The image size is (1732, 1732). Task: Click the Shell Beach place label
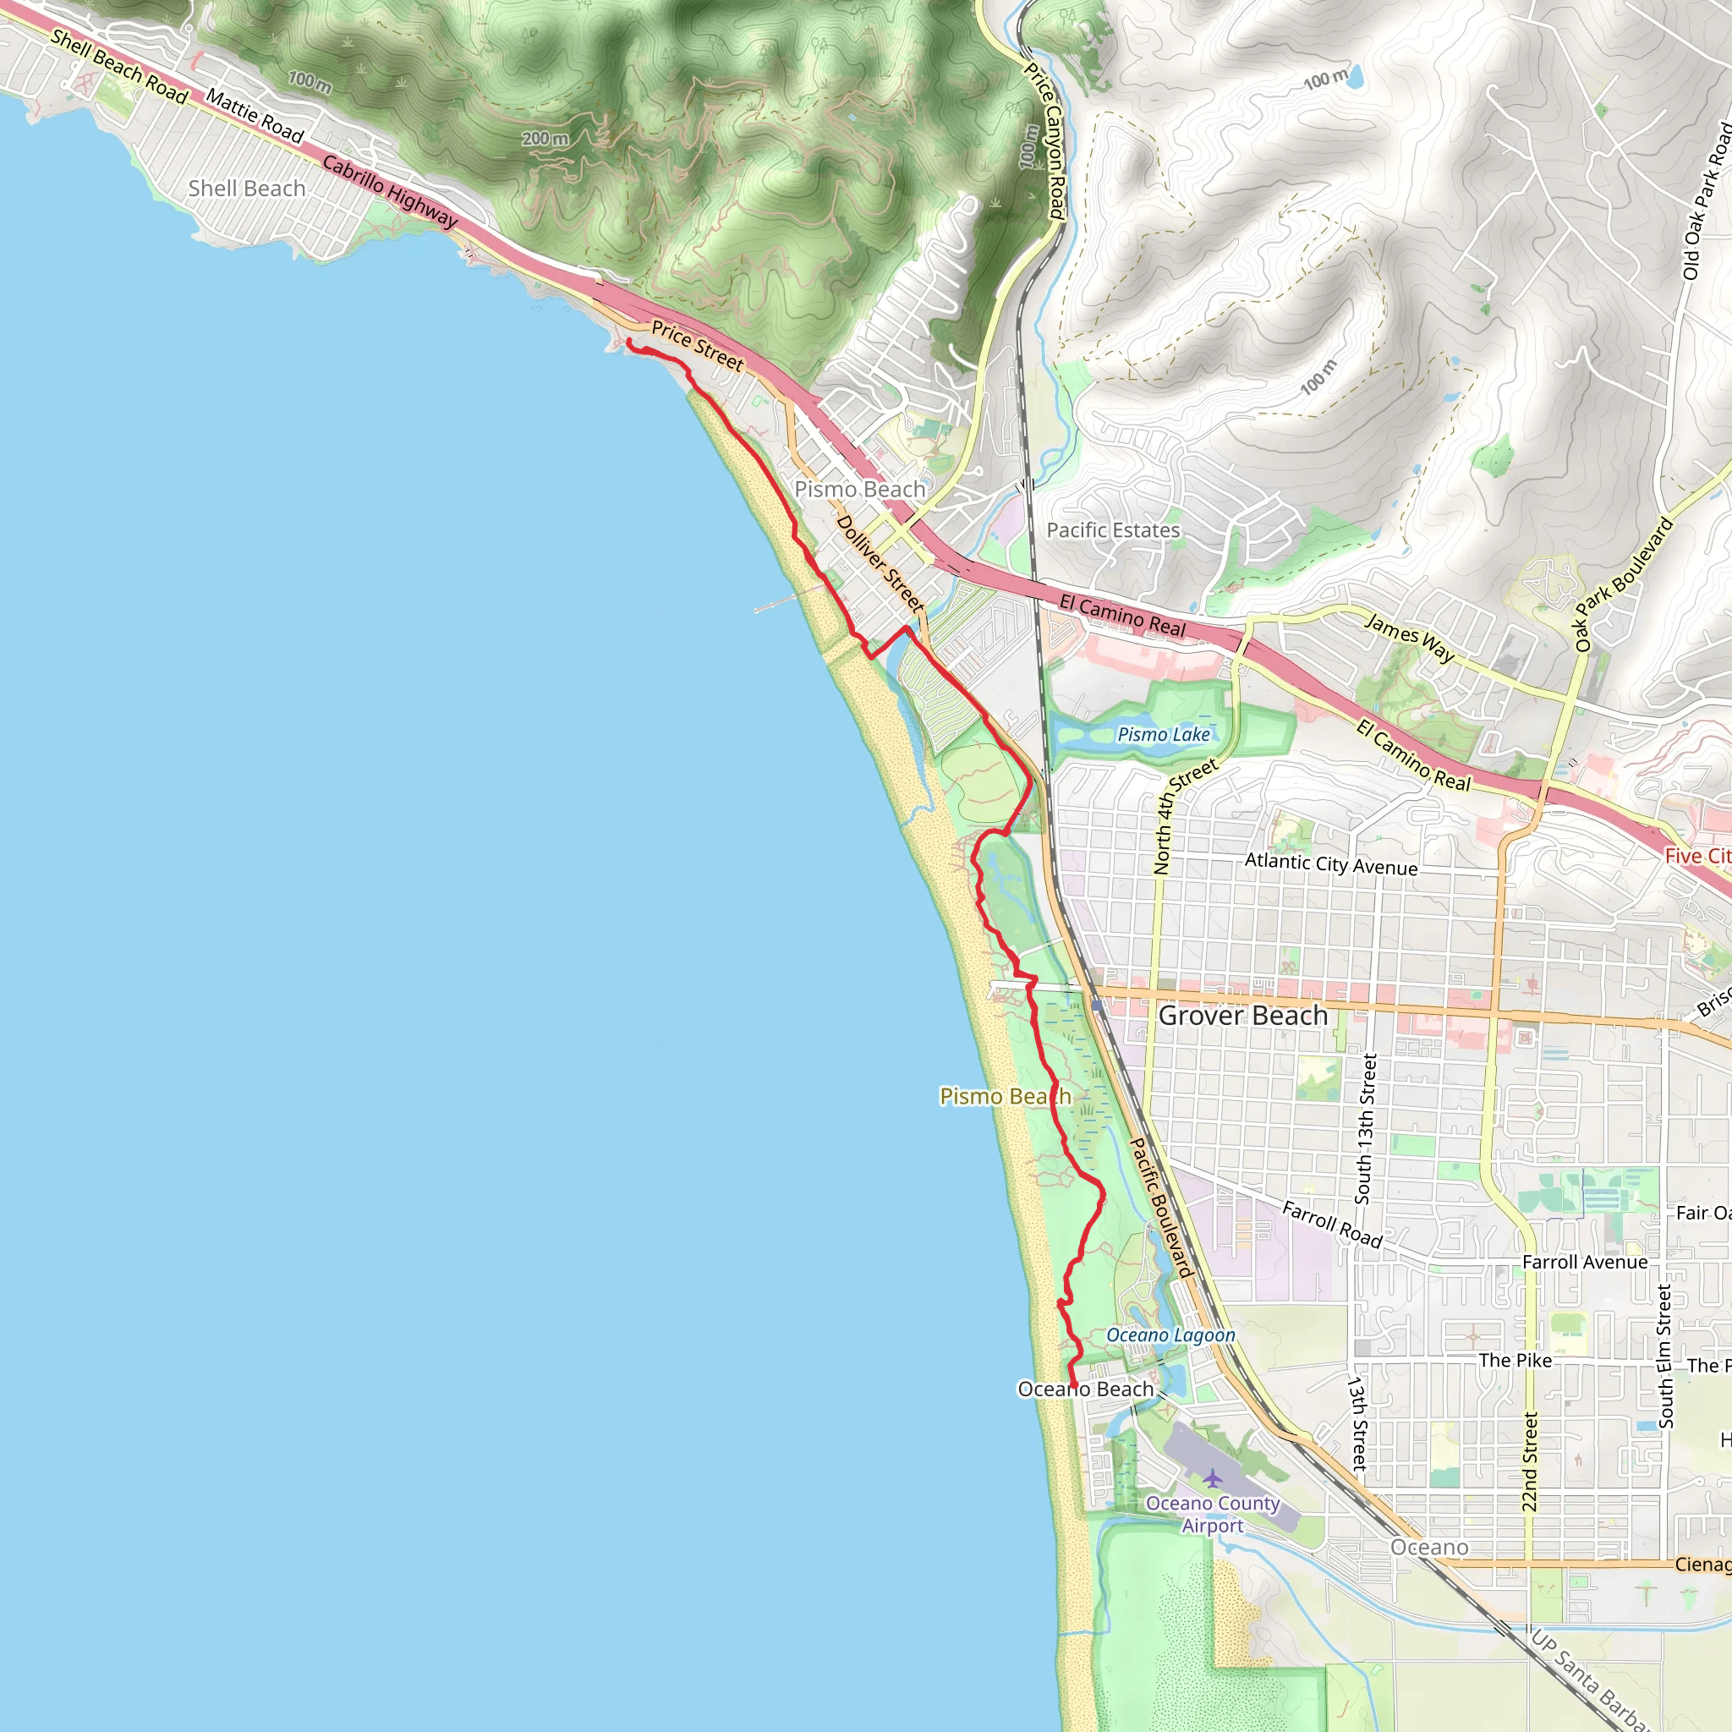[247, 189]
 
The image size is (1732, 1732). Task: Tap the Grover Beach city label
[1242, 1016]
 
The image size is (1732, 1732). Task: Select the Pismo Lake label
[1163, 734]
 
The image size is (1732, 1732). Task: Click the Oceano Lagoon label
[1170, 1335]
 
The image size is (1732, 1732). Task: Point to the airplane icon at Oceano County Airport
[1212, 1478]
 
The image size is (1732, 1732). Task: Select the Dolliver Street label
[880, 563]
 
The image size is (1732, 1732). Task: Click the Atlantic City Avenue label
[1330, 864]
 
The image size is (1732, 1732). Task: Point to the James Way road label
[1409, 637]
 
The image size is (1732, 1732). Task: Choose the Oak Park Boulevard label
[1624, 584]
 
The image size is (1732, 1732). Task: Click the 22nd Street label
[1530, 1462]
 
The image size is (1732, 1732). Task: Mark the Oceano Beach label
[1085, 1389]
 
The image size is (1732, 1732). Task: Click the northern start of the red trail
[628, 342]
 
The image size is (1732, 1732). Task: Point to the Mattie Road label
[255, 116]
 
